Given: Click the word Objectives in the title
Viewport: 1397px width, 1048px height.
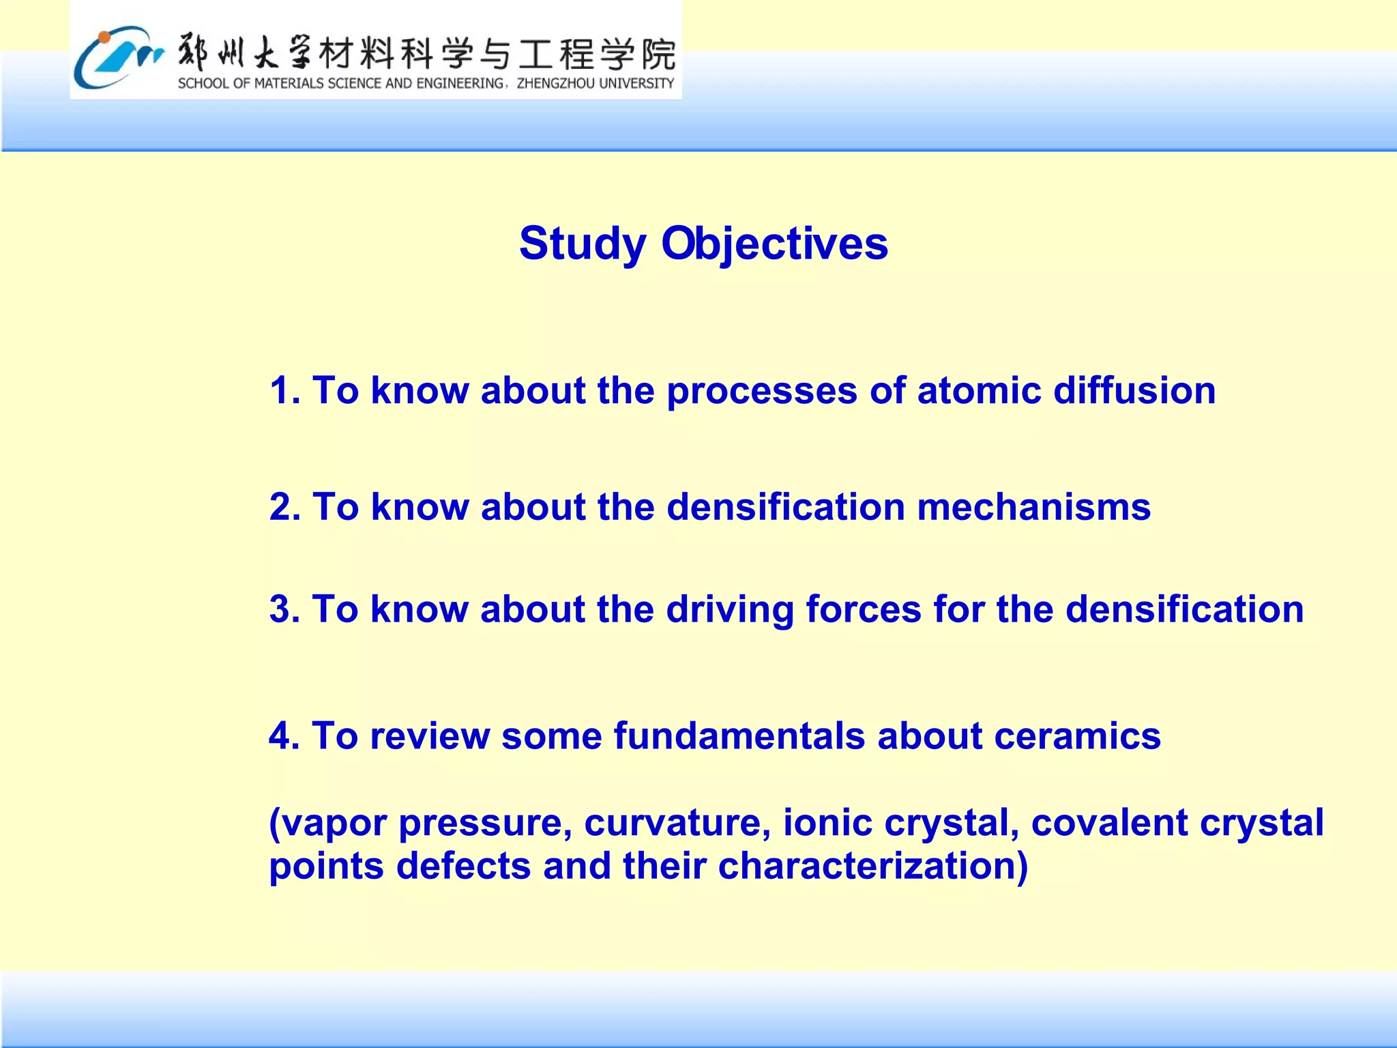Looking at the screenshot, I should [x=774, y=244].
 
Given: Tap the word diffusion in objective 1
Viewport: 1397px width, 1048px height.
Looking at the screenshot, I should [x=1134, y=390].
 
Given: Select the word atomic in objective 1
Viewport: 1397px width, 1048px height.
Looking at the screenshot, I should [x=979, y=390].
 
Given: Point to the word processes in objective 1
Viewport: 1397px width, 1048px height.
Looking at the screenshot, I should [x=761, y=392].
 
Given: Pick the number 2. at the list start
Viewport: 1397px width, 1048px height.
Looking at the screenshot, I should [x=284, y=507].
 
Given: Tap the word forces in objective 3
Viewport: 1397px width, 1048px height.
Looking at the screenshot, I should [x=863, y=609].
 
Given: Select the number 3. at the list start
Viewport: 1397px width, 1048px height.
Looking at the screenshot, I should [x=284, y=609].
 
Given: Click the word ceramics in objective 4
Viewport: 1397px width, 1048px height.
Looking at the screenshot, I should [x=1077, y=736].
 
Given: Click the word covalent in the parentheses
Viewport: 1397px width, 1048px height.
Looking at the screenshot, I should [x=1109, y=822].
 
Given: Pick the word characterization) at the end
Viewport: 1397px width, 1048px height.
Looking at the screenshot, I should [x=872, y=866].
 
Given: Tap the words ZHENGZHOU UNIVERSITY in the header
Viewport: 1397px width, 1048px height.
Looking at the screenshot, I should [x=595, y=84].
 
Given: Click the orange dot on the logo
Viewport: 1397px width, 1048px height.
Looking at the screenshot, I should [x=103, y=37].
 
